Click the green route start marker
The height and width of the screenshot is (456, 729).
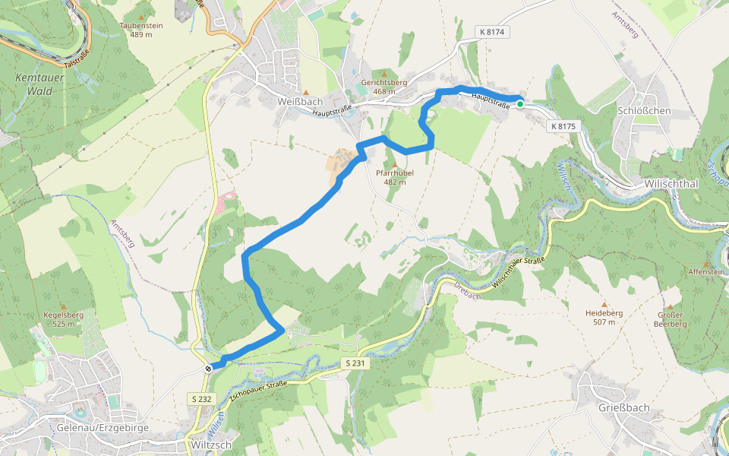519,104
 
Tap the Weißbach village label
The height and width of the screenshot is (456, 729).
301,101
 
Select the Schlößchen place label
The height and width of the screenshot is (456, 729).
645,110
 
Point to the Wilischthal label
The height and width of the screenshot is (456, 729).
671,184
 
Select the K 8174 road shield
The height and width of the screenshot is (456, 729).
493,32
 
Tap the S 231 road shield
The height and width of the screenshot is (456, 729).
354,364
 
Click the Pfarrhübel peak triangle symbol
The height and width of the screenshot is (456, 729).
393,164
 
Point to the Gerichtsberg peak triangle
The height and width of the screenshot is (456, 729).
383,74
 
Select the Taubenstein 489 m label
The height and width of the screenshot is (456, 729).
141,30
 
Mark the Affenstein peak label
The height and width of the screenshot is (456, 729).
706,271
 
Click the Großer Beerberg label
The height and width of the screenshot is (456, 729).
670,319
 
